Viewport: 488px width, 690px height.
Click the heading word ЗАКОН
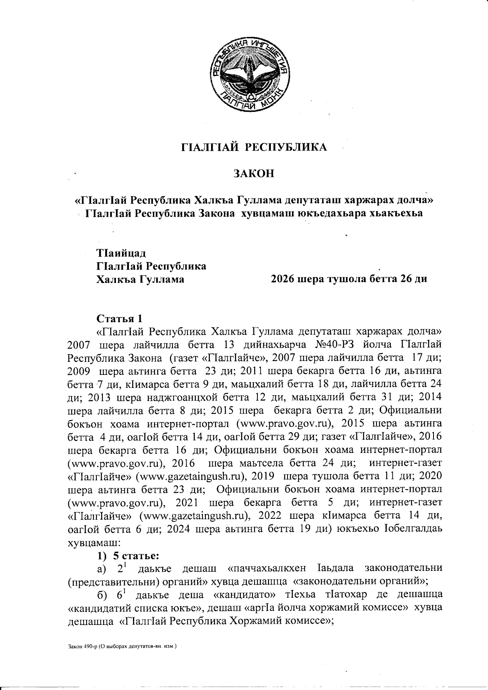point(253,174)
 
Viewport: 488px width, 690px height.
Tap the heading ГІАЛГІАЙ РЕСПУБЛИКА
point(253,147)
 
